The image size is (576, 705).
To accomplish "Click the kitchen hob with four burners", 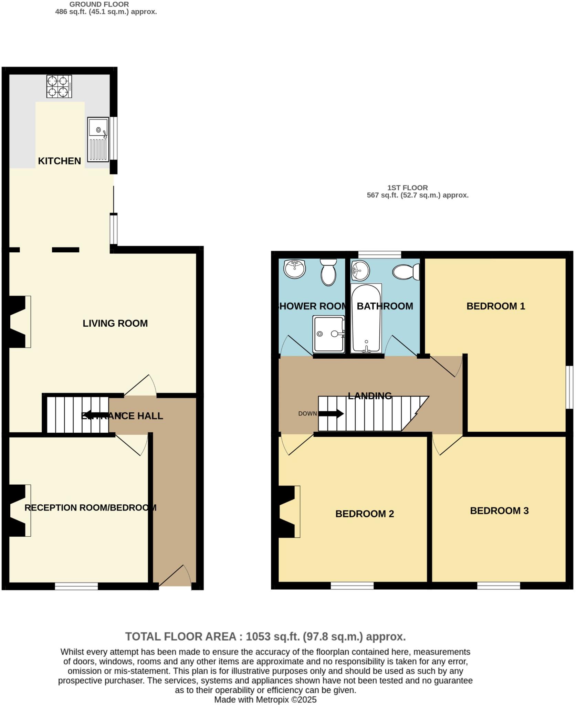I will (59, 86).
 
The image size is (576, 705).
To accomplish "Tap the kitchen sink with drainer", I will (98, 139).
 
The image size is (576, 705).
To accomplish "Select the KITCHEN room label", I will (59, 161).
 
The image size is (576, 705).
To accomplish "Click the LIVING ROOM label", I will (115, 323).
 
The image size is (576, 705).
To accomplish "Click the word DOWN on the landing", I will (307, 413).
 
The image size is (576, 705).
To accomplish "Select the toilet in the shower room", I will (328, 272).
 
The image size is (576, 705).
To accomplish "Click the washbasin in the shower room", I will (295, 269).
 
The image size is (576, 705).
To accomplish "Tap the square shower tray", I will (329, 334).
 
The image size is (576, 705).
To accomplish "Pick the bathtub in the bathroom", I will (366, 318).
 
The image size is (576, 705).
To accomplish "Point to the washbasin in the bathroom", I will (360, 271).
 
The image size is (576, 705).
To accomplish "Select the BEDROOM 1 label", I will (495, 306).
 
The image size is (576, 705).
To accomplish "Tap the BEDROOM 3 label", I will (499, 511).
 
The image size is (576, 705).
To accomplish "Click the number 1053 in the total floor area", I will (258, 636).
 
